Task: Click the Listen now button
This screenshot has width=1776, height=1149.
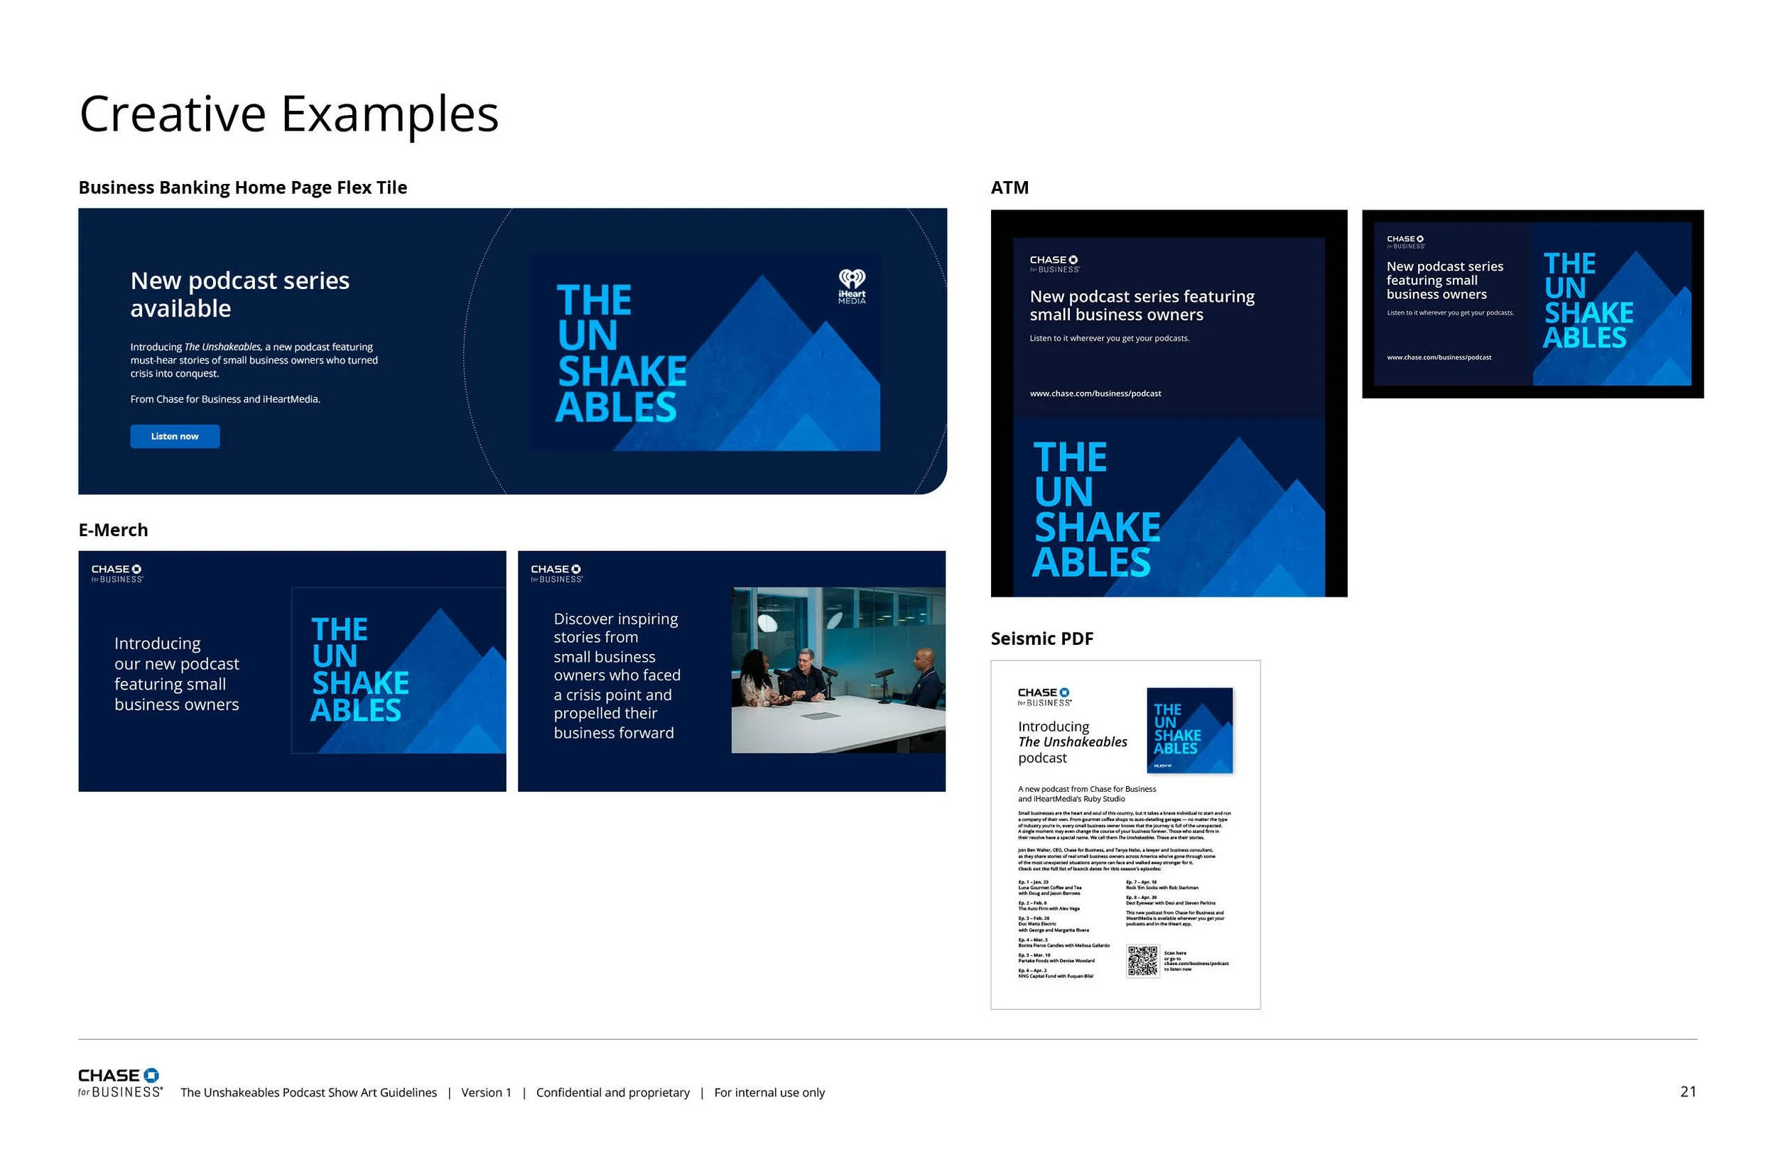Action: (175, 437)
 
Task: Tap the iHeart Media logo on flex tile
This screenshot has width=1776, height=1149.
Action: (852, 286)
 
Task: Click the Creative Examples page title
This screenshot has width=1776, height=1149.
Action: (289, 114)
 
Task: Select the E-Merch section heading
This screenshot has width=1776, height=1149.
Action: (114, 530)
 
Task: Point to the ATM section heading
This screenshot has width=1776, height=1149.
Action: (1009, 187)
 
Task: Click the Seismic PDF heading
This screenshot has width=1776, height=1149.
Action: (1041, 638)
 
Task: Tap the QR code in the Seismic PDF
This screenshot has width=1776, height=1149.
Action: (1142, 961)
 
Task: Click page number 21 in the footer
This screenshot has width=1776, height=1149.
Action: (1688, 1091)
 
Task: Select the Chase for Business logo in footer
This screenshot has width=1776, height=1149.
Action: (120, 1082)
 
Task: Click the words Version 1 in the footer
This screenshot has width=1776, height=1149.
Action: (486, 1092)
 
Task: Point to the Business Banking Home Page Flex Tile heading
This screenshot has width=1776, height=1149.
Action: (242, 187)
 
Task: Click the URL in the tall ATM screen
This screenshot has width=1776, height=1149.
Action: (1095, 393)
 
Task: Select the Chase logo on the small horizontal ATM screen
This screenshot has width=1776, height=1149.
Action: (1405, 241)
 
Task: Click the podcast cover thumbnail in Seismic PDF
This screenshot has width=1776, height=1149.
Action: (1188, 731)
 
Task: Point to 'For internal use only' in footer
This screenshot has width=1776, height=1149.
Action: (769, 1092)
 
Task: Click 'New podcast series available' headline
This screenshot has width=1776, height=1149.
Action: (239, 295)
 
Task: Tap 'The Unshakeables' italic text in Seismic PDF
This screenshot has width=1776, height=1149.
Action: (1072, 741)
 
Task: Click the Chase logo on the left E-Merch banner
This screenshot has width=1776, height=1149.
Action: (117, 573)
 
